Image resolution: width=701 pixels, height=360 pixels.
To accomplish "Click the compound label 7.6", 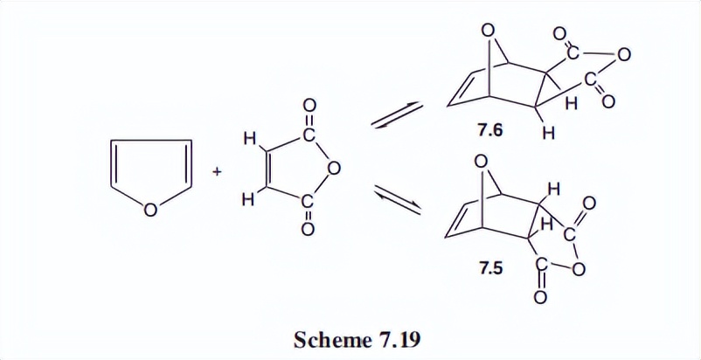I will (x=489, y=128).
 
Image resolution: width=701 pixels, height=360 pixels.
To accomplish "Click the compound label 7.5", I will (x=490, y=268).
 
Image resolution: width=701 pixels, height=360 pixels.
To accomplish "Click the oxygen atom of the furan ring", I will (x=151, y=210).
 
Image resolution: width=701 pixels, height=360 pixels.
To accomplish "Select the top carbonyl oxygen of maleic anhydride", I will (x=309, y=107).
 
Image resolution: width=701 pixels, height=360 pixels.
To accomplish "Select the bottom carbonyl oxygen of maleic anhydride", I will (x=309, y=231).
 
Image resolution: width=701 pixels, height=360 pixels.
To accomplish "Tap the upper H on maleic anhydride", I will (x=249, y=138).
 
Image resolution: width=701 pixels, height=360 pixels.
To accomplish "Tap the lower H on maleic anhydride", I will (x=249, y=200).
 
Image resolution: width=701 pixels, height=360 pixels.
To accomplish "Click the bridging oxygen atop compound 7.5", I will (x=479, y=163).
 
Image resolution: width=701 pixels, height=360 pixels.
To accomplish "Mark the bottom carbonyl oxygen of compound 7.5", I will (x=539, y=299).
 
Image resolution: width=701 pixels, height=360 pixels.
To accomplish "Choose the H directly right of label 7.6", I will (x=548, y=134).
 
